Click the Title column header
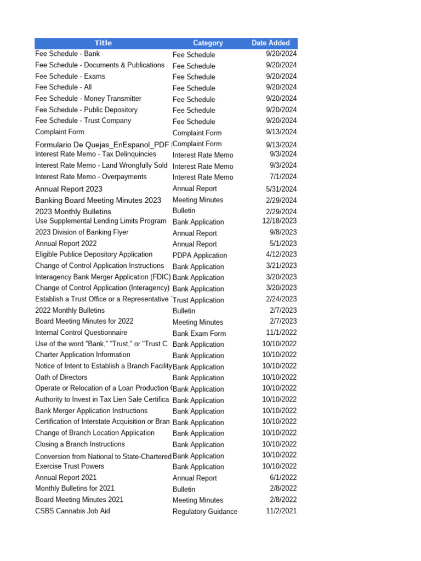(x=103, y=43)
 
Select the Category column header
(x=208, y=43)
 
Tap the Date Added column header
(x=271, y=43)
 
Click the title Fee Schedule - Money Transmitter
(x=88, y=99)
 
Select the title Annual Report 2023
(x=69, y=189)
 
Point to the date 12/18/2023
(x=280, y=221)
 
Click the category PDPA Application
(x=200, y=255)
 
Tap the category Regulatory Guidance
(x=205, y=512)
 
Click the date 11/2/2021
(x=281, y=511)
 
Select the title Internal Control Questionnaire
(x=81, y=333)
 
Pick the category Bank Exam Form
(x=199, y=333)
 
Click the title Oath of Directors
(x=61, y=377)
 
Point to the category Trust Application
(x=198, y=300)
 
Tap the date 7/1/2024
(x=283, y=176)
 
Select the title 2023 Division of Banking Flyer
(x=82, y=232)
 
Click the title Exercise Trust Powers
(x=70, y=466)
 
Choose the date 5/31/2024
(x=281, y=189)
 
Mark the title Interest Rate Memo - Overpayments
(x=91, y=176)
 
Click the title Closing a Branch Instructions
(x=80, y=444)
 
